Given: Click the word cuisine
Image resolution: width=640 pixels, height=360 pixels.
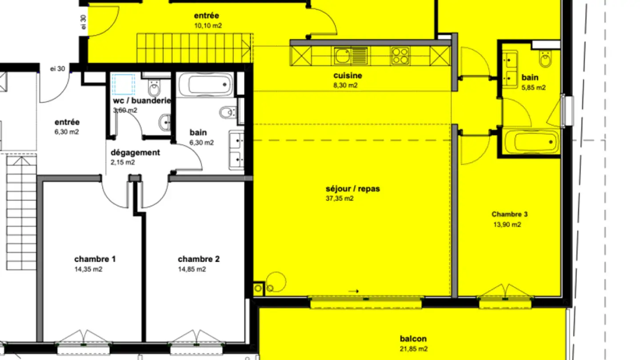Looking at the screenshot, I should tap(347, 76).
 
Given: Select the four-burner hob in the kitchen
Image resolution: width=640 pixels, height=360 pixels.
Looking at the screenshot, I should tap(400, 56).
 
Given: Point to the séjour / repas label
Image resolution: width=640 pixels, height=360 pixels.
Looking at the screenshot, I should tap(352, 189).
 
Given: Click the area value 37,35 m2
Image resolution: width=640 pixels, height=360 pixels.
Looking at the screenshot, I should tap(340, 199).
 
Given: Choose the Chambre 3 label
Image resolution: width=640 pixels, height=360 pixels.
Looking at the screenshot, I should tap(509, 214).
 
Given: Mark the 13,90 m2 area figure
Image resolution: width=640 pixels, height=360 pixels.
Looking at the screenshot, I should tap(507, 224).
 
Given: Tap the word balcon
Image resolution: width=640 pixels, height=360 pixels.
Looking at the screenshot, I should tap(413, 339).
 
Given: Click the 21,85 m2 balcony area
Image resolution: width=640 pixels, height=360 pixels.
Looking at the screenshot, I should tap(413, 349).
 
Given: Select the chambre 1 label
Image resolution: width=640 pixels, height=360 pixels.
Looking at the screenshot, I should tap(95, 259).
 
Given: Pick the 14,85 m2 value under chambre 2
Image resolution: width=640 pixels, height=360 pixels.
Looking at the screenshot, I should tap(192, 269).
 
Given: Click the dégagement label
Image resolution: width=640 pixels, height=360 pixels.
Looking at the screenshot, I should tap(135, 152).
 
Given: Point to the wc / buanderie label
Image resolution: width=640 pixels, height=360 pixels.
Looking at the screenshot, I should tap(142, 100).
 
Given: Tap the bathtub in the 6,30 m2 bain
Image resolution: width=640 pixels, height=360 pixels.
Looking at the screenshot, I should tap(205, 84).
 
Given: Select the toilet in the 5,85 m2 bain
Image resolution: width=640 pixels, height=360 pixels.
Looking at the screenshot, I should tap(544, 58).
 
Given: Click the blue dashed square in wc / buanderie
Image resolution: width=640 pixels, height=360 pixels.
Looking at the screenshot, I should tap(123, 84).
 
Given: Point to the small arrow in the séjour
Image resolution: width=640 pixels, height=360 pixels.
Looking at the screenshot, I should tap(354, 292).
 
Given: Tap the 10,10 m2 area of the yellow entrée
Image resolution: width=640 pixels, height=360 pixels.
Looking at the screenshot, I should tap(208, 26).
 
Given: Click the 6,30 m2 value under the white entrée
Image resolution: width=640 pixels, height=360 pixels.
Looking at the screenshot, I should tap(67, 132).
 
